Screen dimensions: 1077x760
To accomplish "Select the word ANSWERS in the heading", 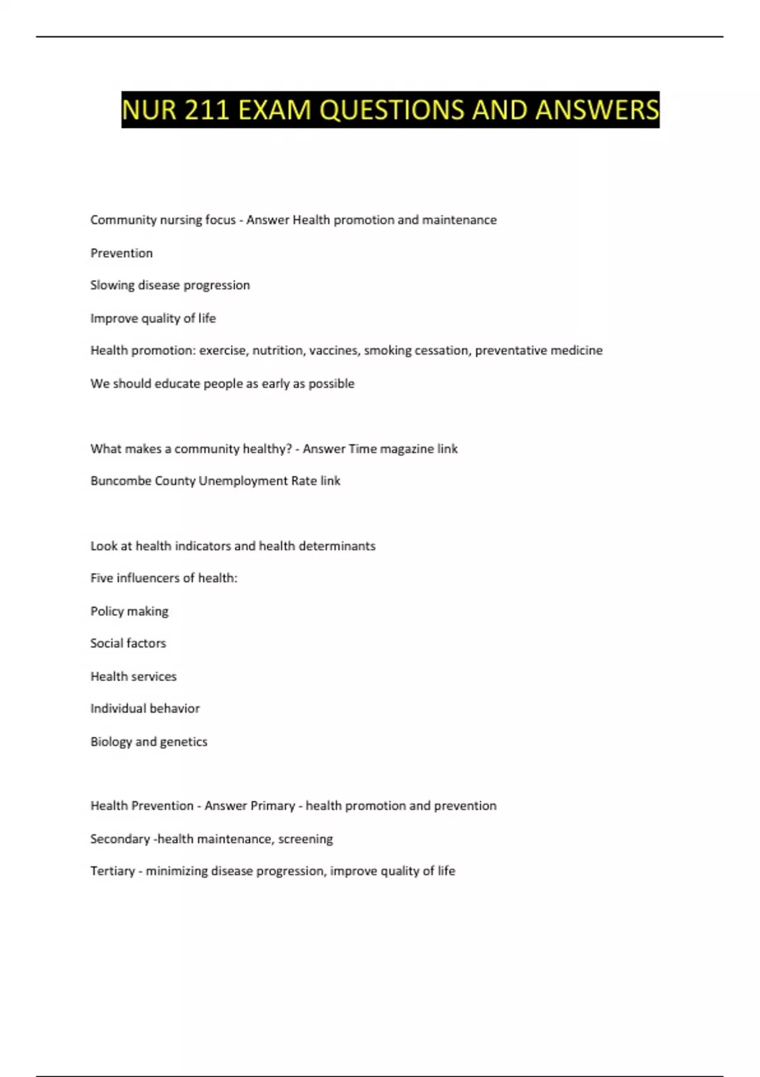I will pos(597,110).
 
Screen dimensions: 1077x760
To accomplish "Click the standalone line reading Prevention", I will pos(122,253).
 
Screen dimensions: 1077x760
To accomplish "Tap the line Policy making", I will pos(129,611).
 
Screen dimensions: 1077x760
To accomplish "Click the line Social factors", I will pos(128,643).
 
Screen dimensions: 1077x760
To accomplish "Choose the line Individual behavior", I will pos(145,708).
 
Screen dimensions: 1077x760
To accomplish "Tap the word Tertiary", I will pos(112,871).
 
